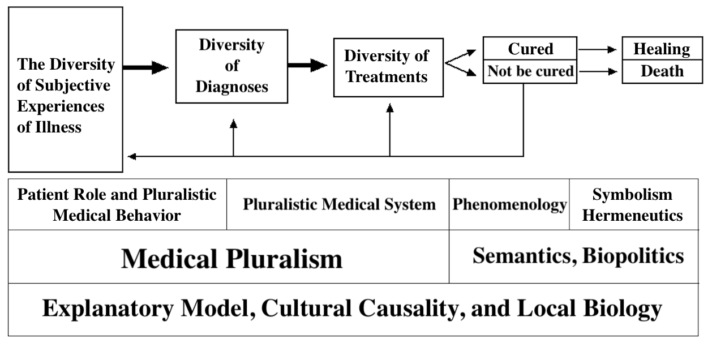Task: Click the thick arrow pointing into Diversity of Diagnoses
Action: [146, 67]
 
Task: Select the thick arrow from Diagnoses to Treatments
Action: [307, 66]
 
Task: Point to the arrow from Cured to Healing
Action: [598, 50]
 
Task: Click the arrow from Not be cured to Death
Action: [598, 71]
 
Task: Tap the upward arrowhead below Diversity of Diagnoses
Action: [233, 124]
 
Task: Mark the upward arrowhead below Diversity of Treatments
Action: [390, 108]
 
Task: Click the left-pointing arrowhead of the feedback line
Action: [132, 156]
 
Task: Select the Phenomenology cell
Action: [509, 204]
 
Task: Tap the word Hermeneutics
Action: [632, 216]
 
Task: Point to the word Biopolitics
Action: [633, 256]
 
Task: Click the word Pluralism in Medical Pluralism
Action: [284, 259]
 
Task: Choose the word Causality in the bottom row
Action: [412, 308]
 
